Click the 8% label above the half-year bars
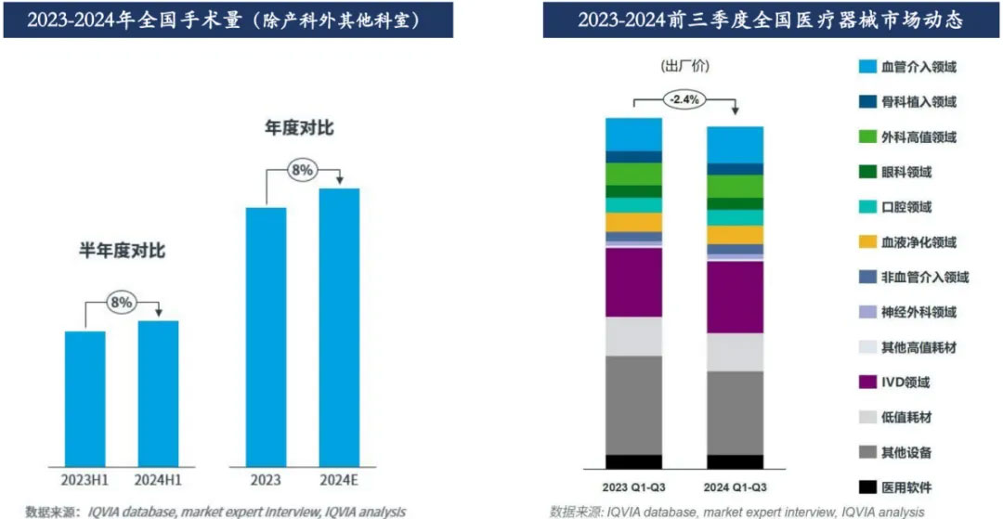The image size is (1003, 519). (122, 302)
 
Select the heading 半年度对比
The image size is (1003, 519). (122, 251)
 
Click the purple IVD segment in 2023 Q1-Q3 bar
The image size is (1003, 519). (633, 282)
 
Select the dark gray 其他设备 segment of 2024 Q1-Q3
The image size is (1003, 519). (735, 412)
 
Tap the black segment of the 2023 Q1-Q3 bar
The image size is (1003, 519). (633, 461)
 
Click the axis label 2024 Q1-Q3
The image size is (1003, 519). (735, 486)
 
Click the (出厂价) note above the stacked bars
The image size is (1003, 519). (685, 67)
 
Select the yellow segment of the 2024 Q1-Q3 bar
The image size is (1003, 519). (735, 235)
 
